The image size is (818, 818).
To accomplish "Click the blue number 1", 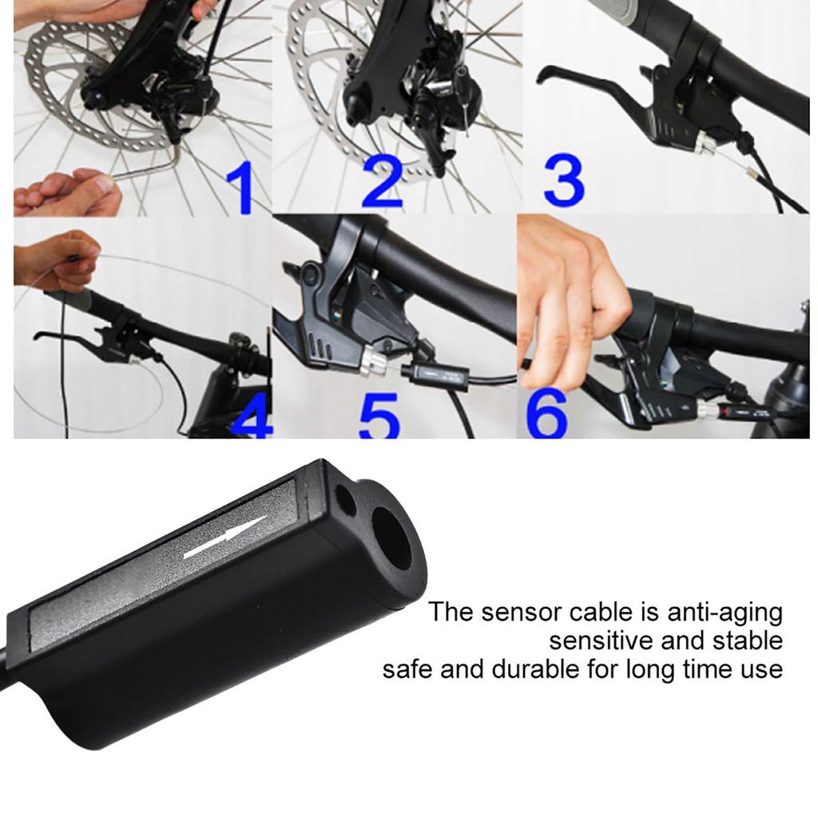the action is pos(241,187).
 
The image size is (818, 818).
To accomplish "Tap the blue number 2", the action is pos(383,183).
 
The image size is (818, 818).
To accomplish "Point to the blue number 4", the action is pos(252,417).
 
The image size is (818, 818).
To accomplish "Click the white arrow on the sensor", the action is pos(225,538).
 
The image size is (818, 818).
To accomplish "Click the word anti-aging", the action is pos(725,613).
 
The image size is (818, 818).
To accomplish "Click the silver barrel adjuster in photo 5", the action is pos(371,361).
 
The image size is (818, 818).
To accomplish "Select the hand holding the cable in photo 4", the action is pos(55,260).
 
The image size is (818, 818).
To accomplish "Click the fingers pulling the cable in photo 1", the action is pos(68,194).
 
